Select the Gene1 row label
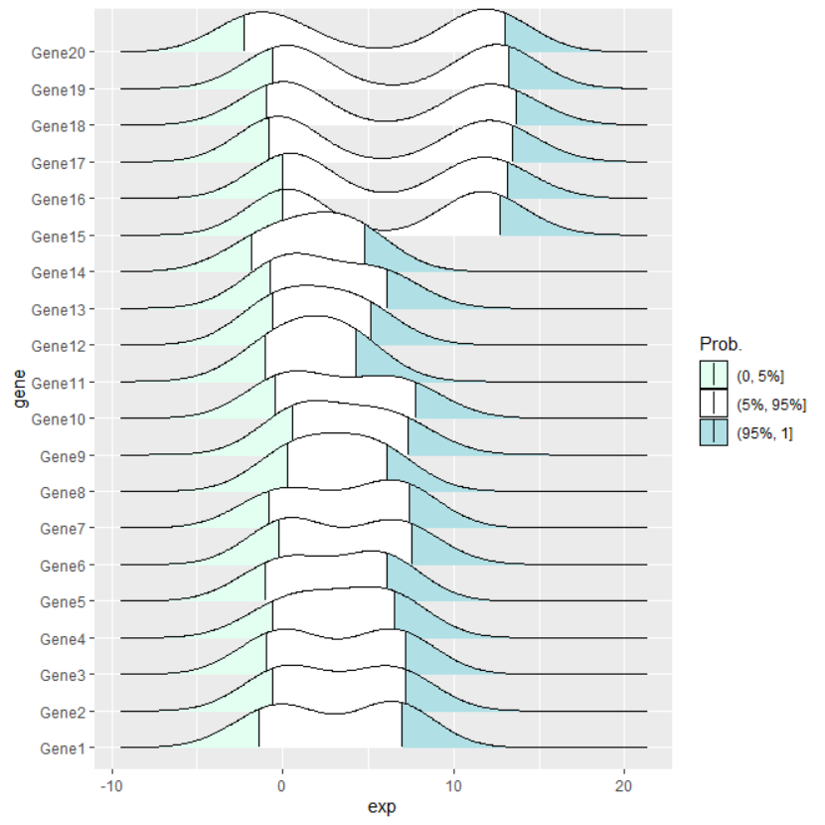coord(63,748)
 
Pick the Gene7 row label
coord(63,529)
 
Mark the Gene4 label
coord(63,639)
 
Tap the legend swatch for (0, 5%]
coord(713,374)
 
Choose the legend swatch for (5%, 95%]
coord(713,403)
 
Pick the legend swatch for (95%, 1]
coord(713,431)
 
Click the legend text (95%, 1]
coord(764,432)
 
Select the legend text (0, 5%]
coord(760,375)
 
